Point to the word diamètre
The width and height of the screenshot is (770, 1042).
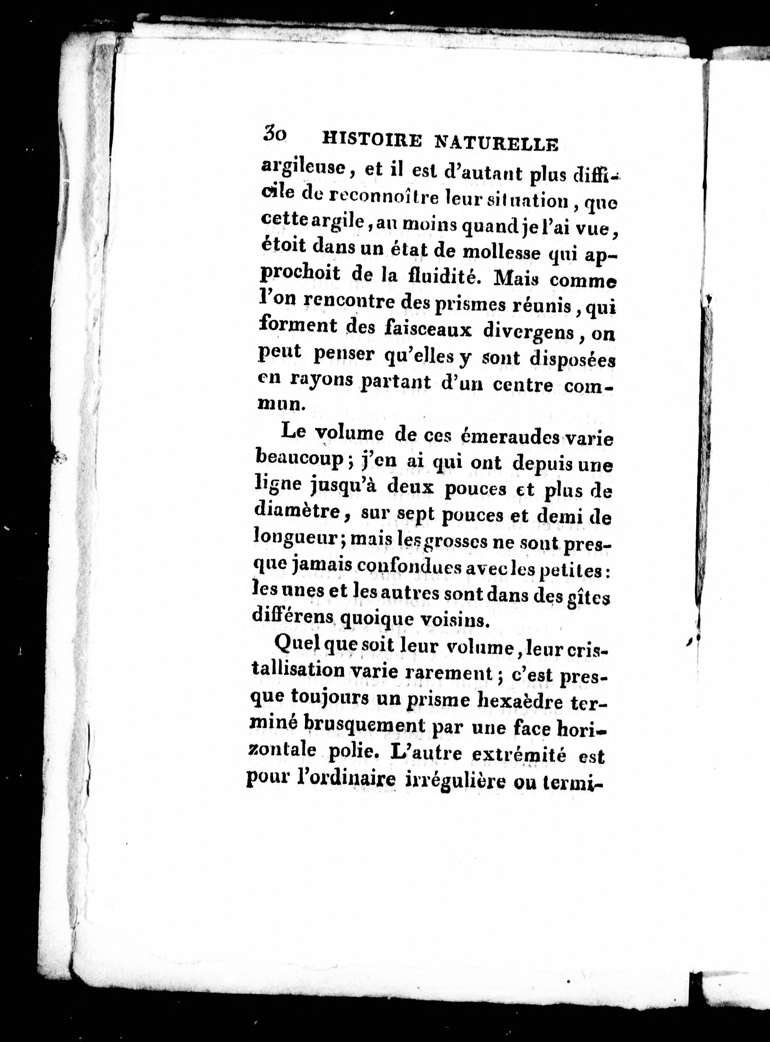tap(299, 512)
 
